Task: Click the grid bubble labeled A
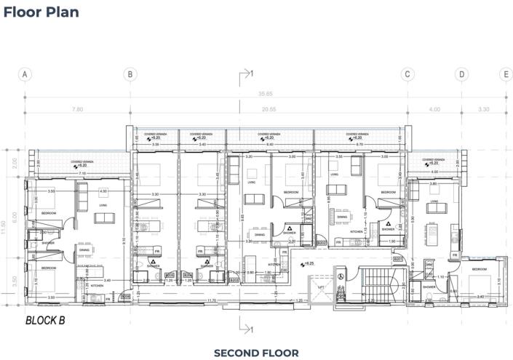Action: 25,74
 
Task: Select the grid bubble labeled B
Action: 130,74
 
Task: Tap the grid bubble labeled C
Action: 407,74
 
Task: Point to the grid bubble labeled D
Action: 461,74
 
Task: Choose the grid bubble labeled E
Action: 505,74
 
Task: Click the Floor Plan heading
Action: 41,12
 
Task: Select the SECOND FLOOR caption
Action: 255,353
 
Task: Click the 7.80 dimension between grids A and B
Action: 77,109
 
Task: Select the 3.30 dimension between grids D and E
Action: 483,109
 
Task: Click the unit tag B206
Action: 125,297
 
